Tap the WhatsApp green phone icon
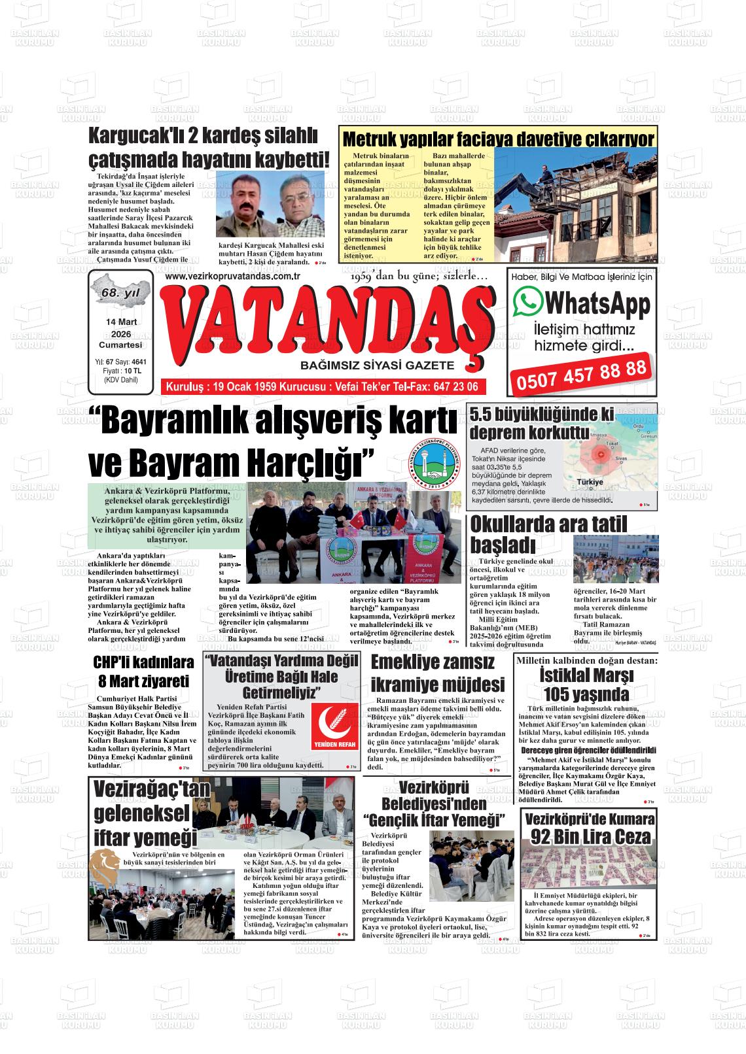click(528, 302)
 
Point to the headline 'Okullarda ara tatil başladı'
click(548, 534)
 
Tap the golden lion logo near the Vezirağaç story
click(105, 866)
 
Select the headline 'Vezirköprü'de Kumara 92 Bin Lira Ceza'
click(589, 827)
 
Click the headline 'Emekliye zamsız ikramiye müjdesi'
click(438, 673)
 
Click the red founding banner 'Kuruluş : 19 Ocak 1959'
click(323, 386)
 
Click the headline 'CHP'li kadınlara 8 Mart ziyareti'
click(143, 671)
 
